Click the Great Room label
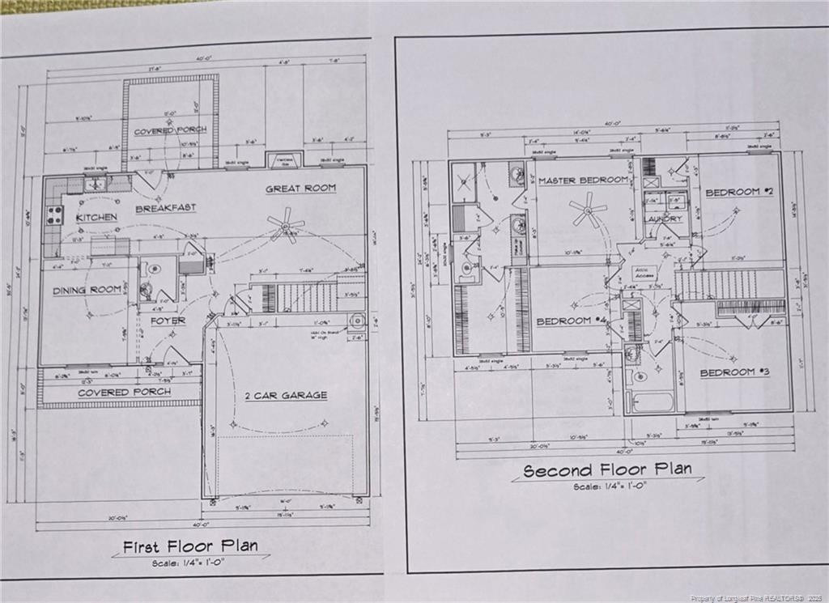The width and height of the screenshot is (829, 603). coord(300,189)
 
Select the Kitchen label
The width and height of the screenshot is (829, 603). coord(96,218)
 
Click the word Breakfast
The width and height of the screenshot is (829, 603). coord(165,208)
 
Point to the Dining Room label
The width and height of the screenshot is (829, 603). coord(86,291)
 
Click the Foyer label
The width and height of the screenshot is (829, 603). coord(168,321)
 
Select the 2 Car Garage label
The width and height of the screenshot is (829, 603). coord(287,395)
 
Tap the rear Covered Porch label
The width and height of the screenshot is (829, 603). coord(170,130)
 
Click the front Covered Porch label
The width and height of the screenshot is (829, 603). coord(124,393)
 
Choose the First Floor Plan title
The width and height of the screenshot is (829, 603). coord(189,546)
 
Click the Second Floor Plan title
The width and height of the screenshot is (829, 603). coord(606,470)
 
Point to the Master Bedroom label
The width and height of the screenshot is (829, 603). coord(583,180)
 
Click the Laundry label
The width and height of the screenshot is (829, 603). coord(664,219)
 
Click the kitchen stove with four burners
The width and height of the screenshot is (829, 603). coord(55,214)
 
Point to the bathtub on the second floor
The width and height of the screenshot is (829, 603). coord(653,402)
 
